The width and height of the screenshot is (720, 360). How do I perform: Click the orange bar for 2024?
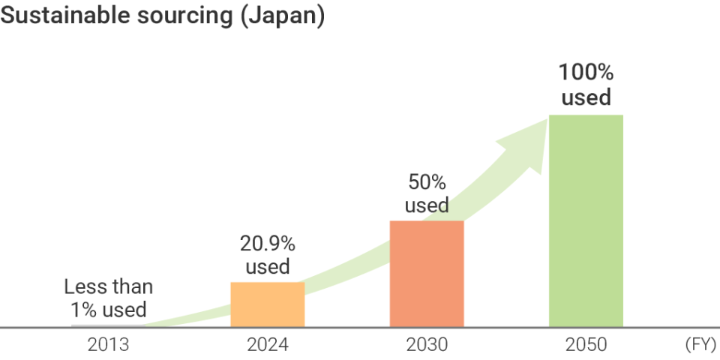(268, 304)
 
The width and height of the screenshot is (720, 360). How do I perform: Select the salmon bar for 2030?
(427, 274)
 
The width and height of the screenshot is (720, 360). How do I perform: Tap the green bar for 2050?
(586, 220)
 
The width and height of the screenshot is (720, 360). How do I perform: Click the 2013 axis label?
(108, 345)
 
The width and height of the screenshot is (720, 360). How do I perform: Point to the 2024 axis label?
(268, 345)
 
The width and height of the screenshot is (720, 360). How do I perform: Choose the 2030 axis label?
(427, 345)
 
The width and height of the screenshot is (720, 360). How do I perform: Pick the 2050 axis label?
(586, 345)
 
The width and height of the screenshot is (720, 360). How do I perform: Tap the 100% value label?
(586, 73)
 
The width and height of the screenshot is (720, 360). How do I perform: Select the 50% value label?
(427, 181)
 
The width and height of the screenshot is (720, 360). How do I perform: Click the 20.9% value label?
(268, 243)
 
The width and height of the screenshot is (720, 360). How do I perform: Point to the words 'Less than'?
(108, 286)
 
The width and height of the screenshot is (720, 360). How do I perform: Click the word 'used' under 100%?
(586, 97)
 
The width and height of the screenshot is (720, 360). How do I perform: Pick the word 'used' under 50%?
(427, 205)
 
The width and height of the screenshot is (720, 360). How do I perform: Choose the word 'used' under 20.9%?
(268, 267)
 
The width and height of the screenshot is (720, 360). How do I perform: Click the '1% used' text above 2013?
(108, 309)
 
